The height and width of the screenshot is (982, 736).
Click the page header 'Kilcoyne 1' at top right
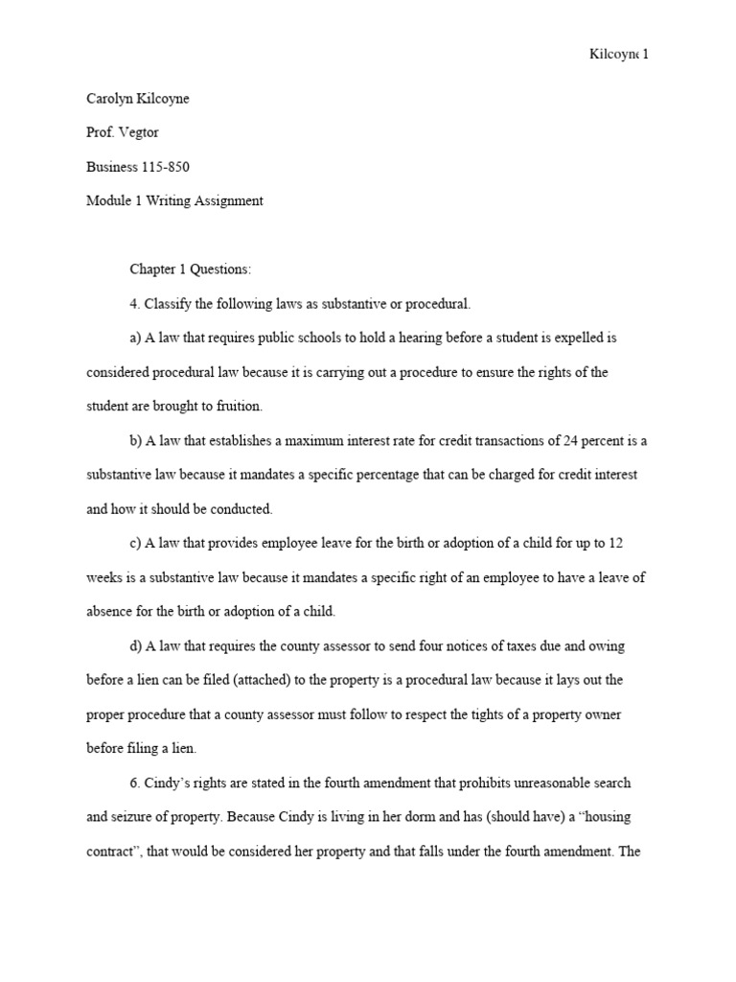[618, 54]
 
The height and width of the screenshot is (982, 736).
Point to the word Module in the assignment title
[108, 200]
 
